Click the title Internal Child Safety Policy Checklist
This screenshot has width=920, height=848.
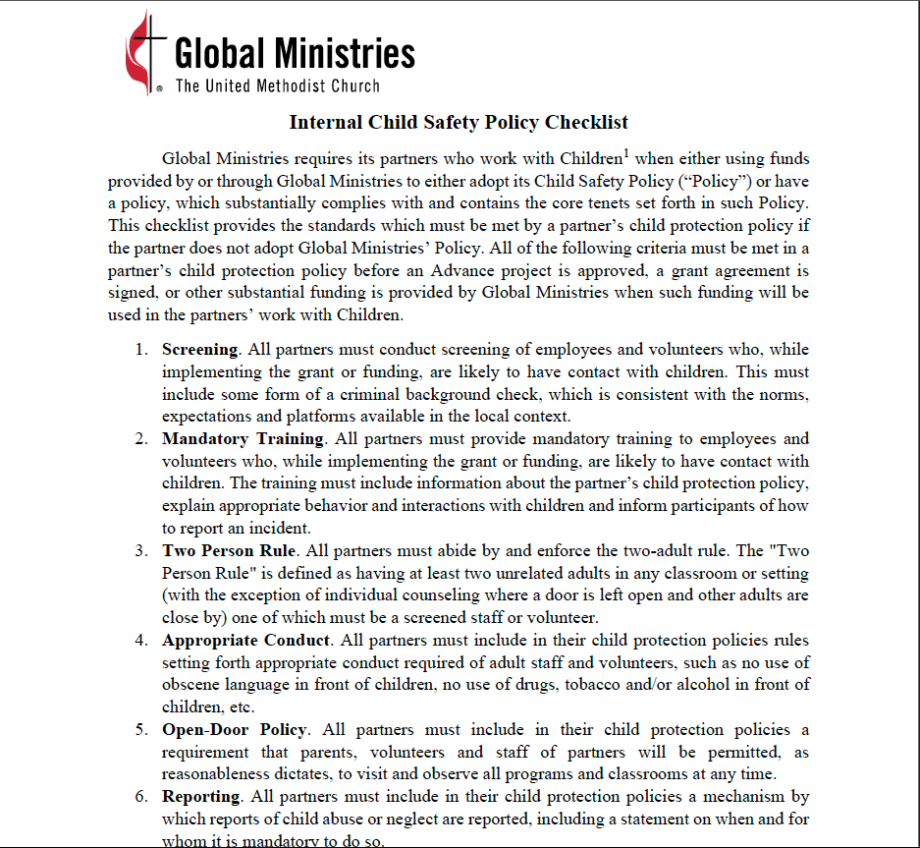coord(459,123)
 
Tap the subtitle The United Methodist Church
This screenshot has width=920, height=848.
coord(277,85)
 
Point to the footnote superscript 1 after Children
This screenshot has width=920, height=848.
coord(624,152)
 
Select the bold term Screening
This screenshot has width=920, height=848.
coord(200,350)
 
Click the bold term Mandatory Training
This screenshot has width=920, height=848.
coord(243,439)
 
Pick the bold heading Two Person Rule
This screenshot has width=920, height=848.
coord(225,550)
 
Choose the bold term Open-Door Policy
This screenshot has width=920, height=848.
coord(235,730)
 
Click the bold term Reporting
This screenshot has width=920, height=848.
coord(201,797)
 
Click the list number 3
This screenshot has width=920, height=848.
coord(141,550)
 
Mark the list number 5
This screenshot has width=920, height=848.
coord(141,730)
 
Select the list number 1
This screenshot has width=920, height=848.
coord(141,350)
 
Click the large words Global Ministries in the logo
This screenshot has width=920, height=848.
coord(295,52)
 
